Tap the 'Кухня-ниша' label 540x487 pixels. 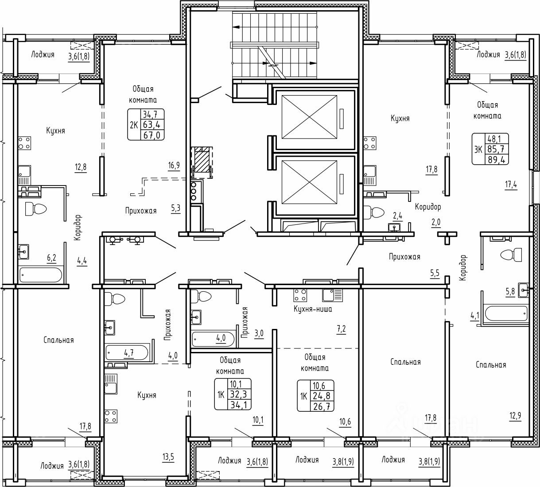(x=313, y=309)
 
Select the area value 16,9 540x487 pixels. (x=174, y=166)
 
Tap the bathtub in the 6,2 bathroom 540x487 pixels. (x=41, y=275)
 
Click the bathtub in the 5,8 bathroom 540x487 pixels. (x=505, y=314)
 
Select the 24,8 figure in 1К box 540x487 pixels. (x=323, y=395)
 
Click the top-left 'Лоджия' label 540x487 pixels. (x=43, y=54)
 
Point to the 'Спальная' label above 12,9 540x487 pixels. (x=491, y=365)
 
